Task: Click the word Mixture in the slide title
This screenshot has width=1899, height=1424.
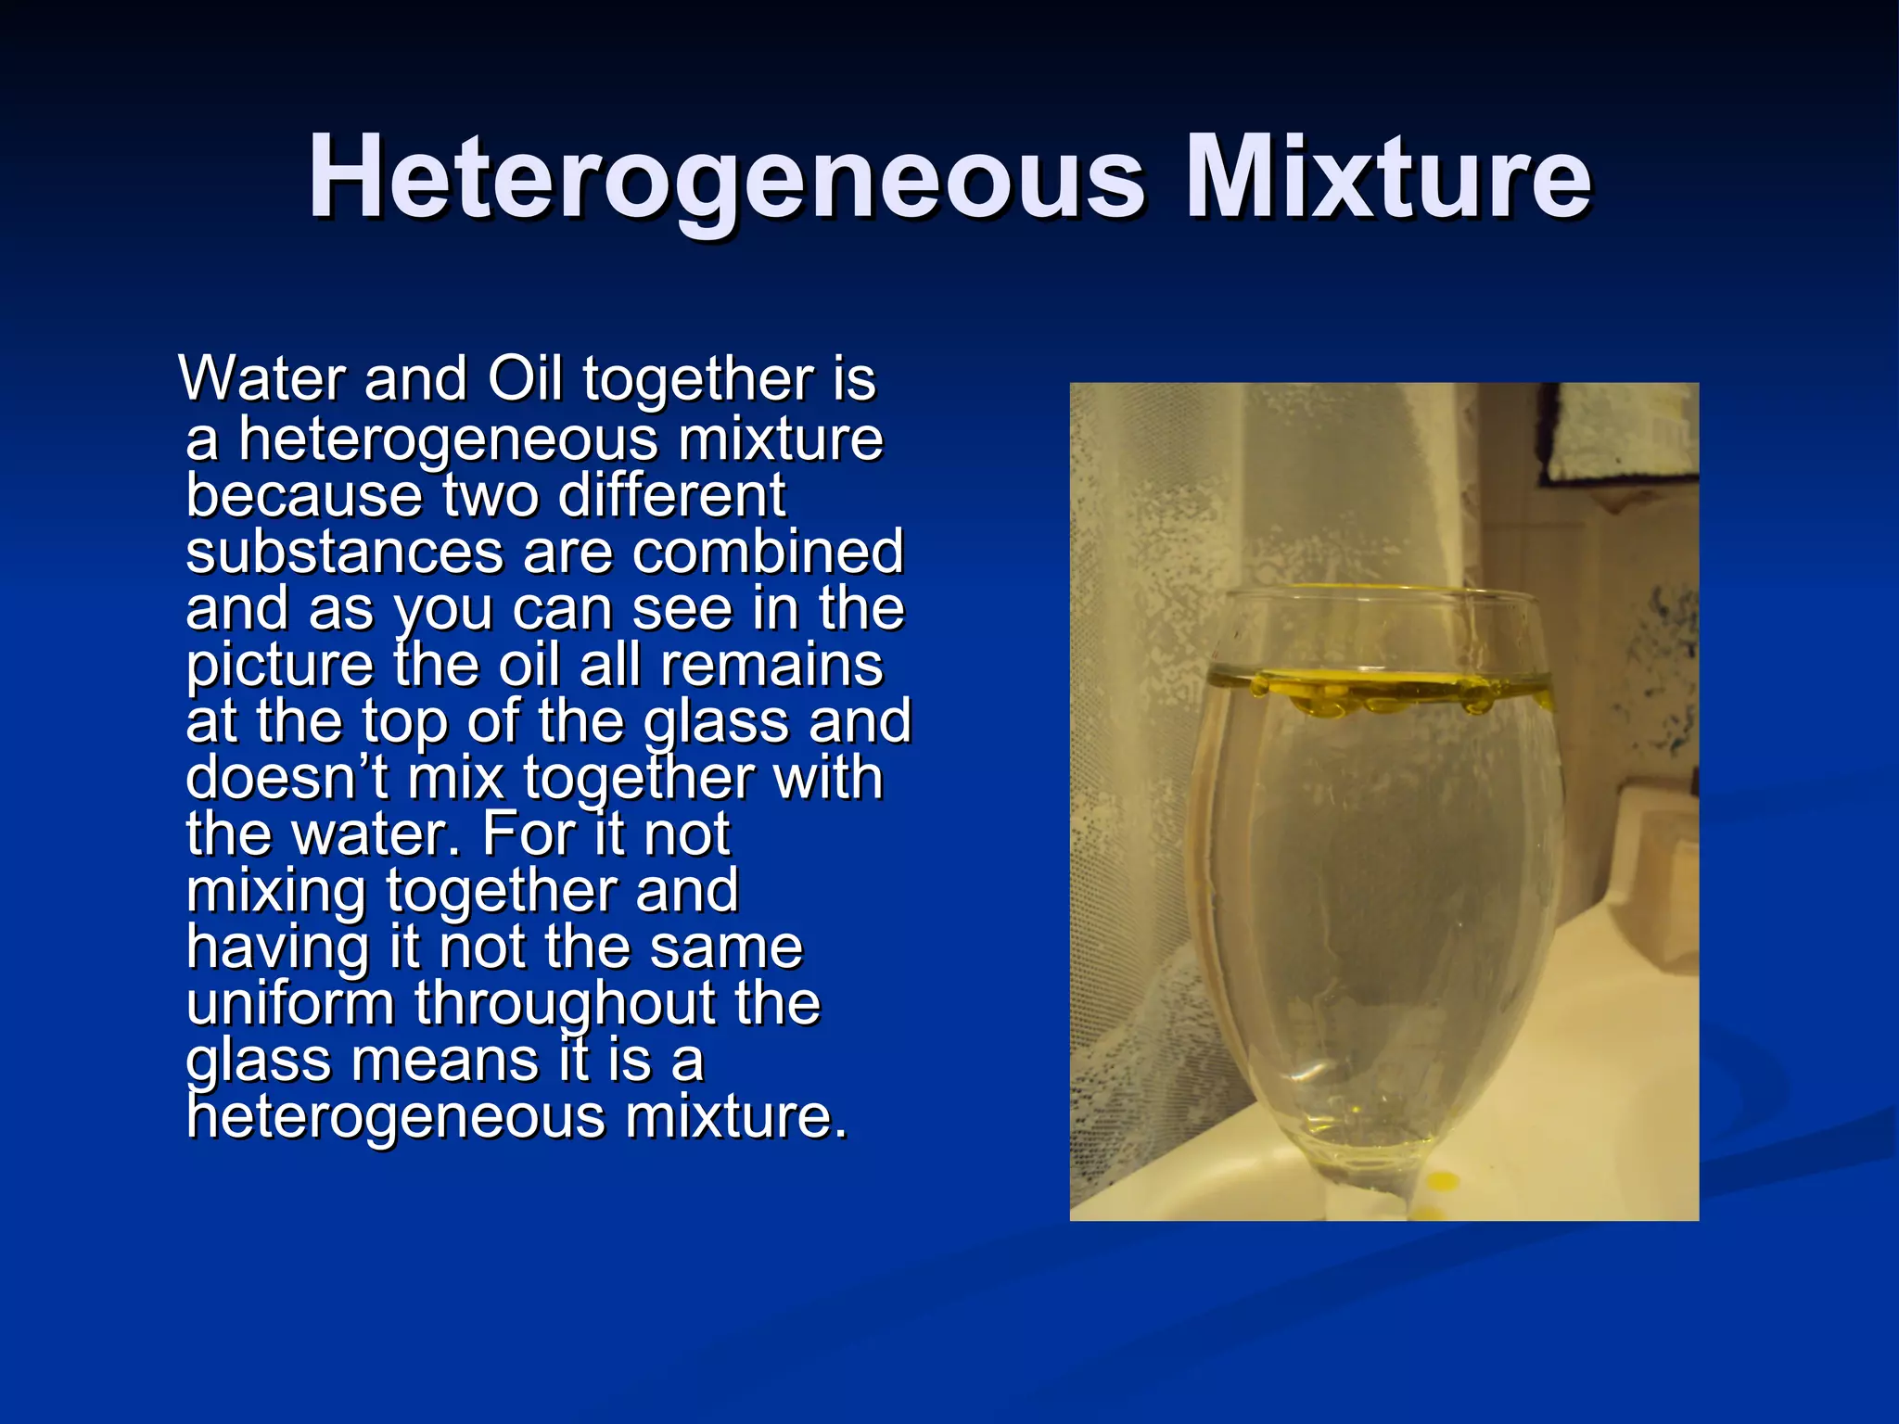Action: point(1388,178)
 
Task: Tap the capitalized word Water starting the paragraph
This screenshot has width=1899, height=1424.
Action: point(264,379)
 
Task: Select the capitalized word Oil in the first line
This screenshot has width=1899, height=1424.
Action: point(525,379)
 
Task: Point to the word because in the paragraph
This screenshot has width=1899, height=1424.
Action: point(304,495)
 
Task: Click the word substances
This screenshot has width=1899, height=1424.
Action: point(344,553)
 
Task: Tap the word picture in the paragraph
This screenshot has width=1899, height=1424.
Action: point(279,666)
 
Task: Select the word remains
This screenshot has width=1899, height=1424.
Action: point(771,666)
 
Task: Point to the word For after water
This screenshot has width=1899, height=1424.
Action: point(527,834)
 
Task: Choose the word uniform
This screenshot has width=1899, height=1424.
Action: point(290,1004)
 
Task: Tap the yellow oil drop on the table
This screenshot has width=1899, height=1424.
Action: point(1441,1181)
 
